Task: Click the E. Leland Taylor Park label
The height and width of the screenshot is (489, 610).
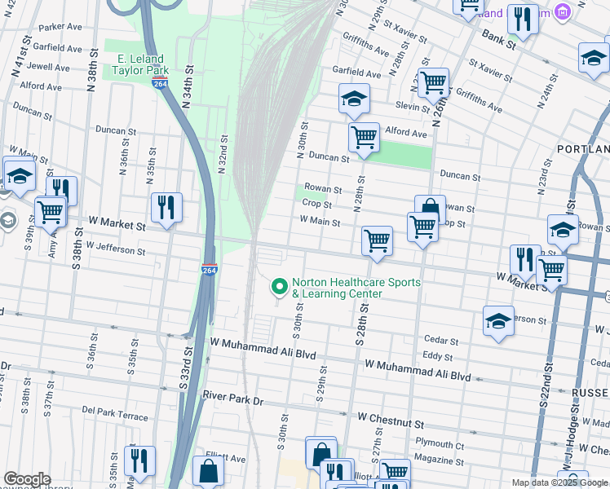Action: (x=140, y=65)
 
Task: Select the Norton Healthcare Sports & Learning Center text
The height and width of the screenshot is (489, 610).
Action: (x=356, y=288)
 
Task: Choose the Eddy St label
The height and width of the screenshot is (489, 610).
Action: (x=438, y=356)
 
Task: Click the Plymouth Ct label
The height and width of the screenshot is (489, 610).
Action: (x=439, y=446)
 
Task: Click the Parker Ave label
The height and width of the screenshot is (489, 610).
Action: (x=65, y=27)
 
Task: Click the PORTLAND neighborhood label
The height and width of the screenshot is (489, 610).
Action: (x=583, y=150)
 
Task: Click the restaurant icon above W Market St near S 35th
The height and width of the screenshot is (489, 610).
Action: (x=166, y=208)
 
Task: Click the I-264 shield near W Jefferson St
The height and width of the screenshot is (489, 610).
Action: (x=209, y=270)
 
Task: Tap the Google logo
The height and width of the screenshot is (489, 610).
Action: (x=26, y=479)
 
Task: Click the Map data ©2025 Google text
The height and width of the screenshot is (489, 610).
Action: (x=558, y=482)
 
